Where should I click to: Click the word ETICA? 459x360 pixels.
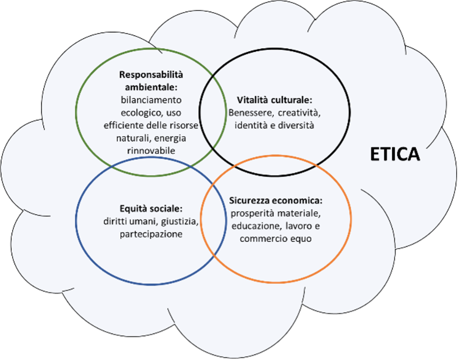(395, 154)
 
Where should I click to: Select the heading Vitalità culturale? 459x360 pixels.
(274, 100)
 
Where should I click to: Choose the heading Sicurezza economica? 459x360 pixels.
(275, 201)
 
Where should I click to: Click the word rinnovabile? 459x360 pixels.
(151, 150)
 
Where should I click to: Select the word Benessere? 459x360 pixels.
(249, 113)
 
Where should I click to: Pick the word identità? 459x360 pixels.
(251, 125)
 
